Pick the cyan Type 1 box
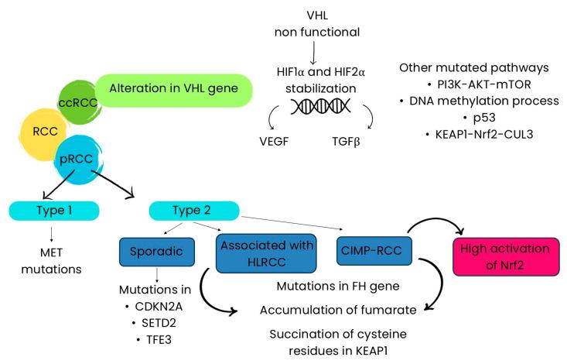click(x=52, y=210)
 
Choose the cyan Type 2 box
click(x=193, y=210)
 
